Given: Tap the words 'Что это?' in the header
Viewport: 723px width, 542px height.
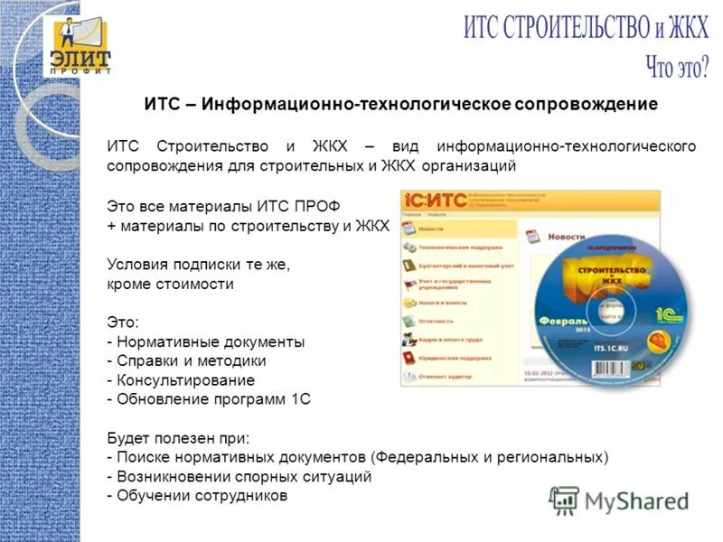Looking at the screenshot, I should tap(676, 65).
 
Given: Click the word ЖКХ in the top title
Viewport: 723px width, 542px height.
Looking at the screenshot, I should tap(686, 27).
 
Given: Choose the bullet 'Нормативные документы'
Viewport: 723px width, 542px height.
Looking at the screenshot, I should tap(209, 341).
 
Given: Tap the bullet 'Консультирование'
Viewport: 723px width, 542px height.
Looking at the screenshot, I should tap(184, 379).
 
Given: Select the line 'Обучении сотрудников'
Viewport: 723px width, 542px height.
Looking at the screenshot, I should tap(201, 495).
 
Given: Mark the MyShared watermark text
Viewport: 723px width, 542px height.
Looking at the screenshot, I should tap(636, 500).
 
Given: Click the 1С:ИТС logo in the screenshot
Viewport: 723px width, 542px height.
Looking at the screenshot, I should tap(435, 200).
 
